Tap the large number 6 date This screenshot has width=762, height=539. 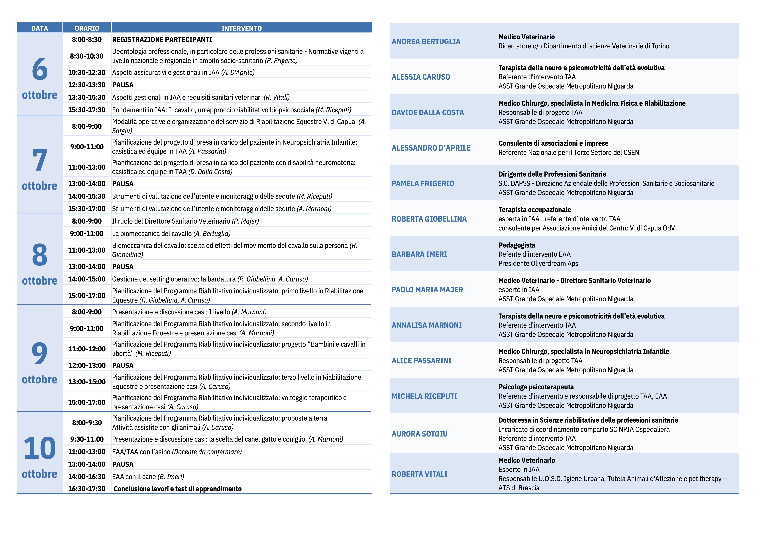(40, 69)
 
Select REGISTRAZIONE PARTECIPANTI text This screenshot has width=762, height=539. (162, 39)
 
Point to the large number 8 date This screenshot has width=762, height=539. (40, 255)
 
